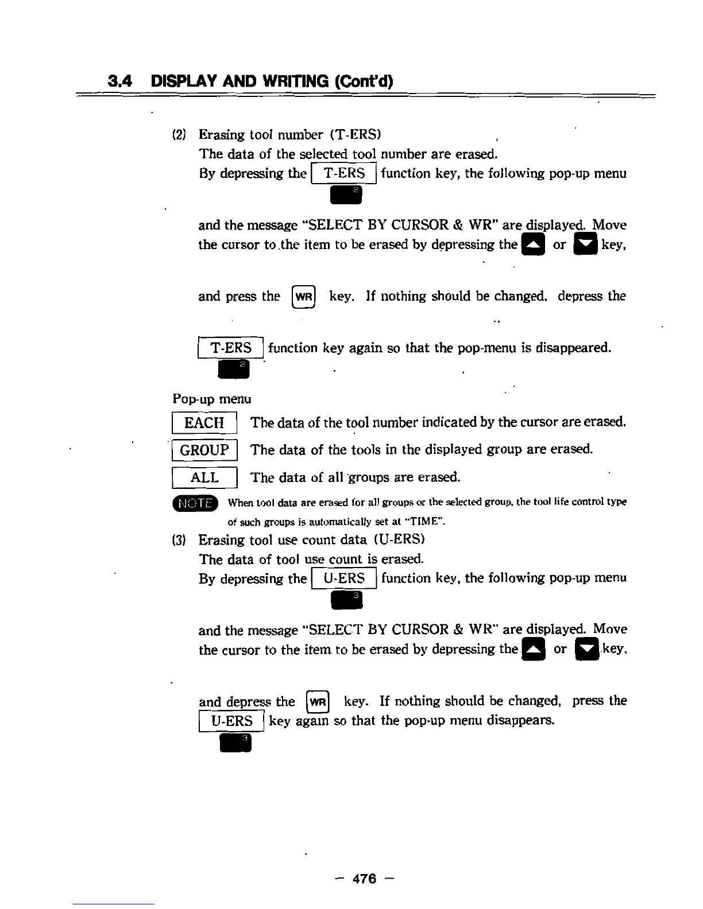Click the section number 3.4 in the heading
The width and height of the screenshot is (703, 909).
coord(120,81)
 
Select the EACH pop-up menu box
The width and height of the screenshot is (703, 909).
coord(204,423)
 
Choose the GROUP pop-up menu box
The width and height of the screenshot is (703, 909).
coord(204,450)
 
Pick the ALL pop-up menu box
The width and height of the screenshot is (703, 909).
coord(204,477)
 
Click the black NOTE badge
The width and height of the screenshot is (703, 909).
coord(195,503)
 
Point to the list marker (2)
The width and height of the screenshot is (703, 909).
coord(179,135)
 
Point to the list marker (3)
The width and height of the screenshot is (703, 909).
coord(179,540)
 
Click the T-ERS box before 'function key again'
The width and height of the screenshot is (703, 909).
coord(230,348)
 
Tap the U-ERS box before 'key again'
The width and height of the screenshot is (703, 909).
coord(231,721)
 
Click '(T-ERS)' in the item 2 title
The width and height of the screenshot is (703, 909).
coord(356,135)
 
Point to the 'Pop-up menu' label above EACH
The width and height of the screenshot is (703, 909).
coord(211,398)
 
